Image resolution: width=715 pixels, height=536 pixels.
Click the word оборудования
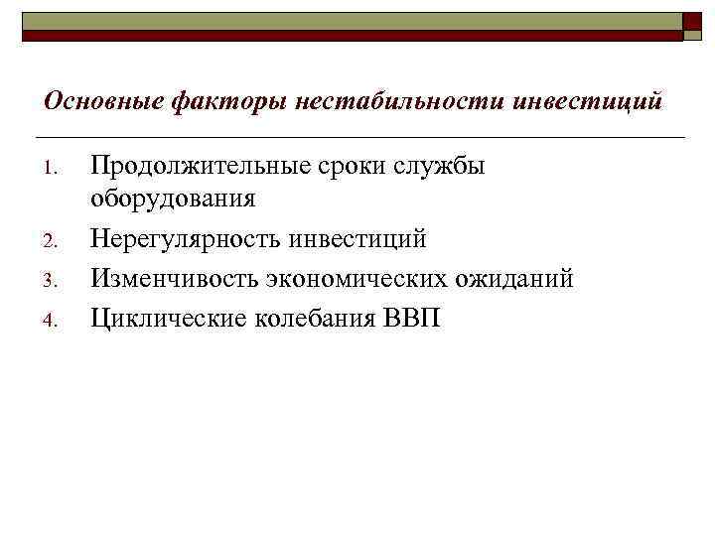[173, 200]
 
